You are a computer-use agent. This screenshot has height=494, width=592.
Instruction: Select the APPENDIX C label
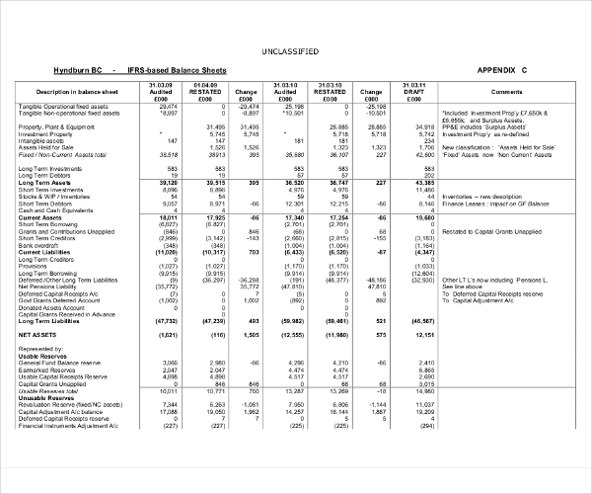(x=503, y=71)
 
